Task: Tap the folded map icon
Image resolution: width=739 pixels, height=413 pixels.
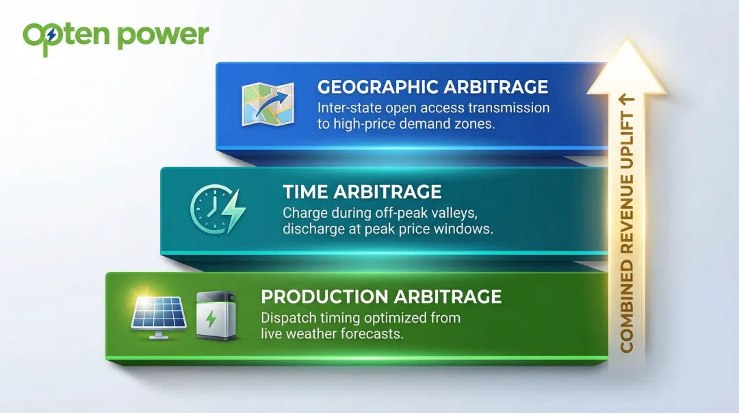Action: click(x=268, y=104)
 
